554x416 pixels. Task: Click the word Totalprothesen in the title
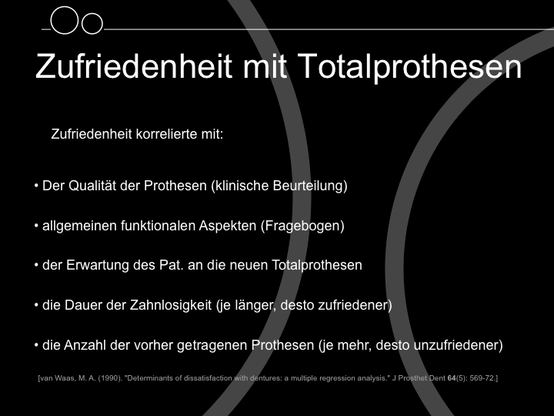point(409,66)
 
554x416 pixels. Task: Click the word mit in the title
point(265,66)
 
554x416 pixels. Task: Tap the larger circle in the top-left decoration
point(64,20)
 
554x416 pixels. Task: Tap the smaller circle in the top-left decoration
point(92,24)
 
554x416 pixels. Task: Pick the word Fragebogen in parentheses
point(302,226)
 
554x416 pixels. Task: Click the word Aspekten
point(228,226)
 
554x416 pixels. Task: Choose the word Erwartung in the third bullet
point(98,265)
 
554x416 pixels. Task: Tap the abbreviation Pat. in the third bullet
point(172,265)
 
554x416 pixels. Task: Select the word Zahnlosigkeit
point(171,305)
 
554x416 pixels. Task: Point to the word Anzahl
point(85,345)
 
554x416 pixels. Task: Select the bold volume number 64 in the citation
point(452,378)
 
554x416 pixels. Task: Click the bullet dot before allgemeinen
point(36,226)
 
